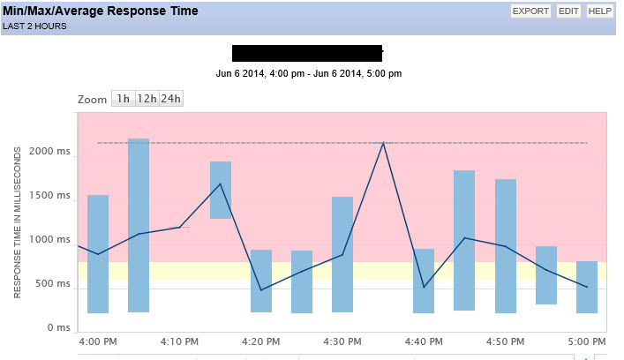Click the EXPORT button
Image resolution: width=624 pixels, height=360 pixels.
pos(530,11)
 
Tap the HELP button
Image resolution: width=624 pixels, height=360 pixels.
pos(600,11)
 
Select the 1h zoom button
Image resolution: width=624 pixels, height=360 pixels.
pos(123,99)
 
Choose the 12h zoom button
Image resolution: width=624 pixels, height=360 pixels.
pos(147,99)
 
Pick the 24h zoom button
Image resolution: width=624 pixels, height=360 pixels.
pos(171,99)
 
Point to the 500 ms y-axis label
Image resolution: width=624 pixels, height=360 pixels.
pos(56,284)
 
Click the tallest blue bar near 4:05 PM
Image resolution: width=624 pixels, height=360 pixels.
pos(139,225)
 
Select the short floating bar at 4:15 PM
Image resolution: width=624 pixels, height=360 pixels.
pos(221,190)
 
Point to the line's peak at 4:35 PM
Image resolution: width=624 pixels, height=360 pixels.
pos(383,143)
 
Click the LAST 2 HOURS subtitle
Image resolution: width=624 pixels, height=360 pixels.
pos(34,26)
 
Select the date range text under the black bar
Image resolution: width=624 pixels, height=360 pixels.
pos(309,73)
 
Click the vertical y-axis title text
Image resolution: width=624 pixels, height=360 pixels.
pos(18,225)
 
